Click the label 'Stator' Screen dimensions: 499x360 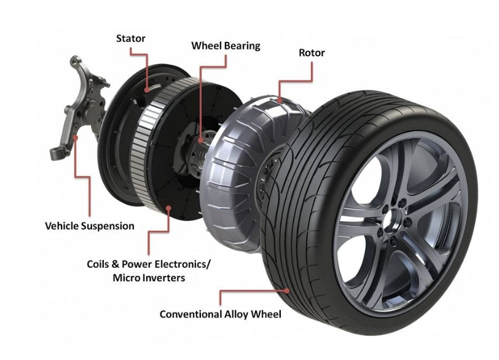coord(130,39)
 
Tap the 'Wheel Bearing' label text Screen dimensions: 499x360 coord(226,46)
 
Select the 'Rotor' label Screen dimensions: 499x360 coord(312,53)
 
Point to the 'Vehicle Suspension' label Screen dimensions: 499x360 coord(90,226)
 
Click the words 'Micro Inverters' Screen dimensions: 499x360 coord(149,278)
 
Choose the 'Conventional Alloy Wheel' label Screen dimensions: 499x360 coord(220,314)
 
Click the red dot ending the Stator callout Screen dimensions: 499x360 coord(146,90)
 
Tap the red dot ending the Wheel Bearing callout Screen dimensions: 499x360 coord(201,139)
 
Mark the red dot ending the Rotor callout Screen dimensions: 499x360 coord(280,101)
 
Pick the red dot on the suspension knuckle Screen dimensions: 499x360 coord(75,138)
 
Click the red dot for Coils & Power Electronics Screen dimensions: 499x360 coord(168,208)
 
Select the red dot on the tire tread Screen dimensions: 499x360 coord(287,291)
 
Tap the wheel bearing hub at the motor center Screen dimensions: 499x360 coord(199,149)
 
